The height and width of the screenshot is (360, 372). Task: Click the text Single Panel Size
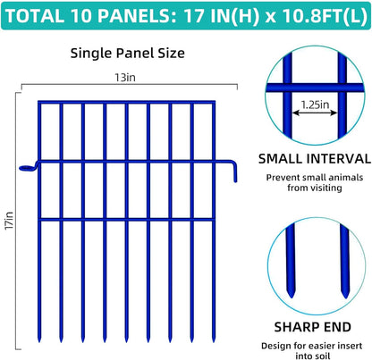[128, 53]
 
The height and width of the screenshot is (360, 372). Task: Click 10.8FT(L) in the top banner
[309, 15]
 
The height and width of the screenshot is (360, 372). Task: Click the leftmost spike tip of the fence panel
[39, 342]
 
